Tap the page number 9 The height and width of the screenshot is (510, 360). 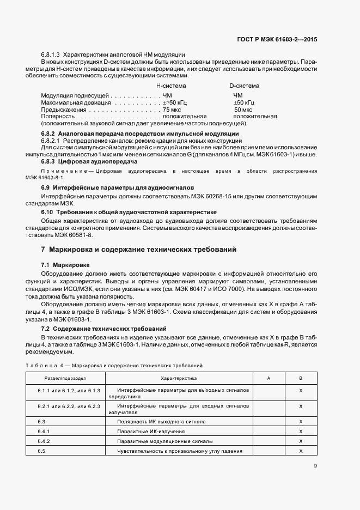coord(315,465)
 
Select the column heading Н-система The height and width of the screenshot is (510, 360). coord(171,86)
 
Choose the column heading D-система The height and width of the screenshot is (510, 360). coord(244,86)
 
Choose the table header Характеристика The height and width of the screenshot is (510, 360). coord(179,378)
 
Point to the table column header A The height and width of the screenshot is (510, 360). coord(269,378)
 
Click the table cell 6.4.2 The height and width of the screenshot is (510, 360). coord(44,441)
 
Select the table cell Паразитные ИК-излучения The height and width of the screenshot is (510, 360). coord(149,431)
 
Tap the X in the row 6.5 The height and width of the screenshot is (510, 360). coord(301,451)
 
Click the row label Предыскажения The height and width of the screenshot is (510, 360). coord(58,110)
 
